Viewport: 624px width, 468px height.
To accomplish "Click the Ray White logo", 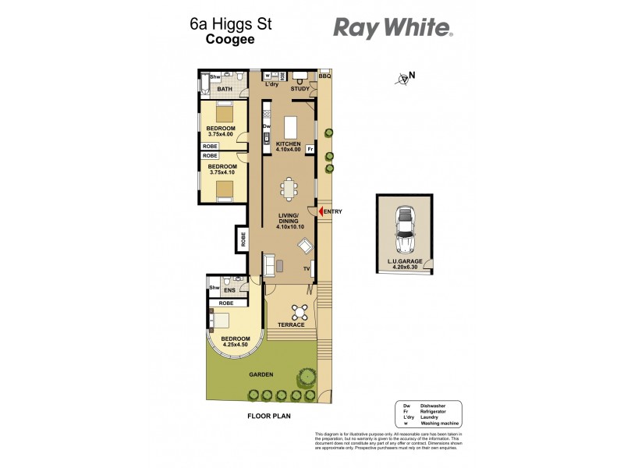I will (393, 28).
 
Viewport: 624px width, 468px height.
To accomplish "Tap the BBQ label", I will (324, 76).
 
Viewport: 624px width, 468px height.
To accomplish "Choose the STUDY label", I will (300, 89).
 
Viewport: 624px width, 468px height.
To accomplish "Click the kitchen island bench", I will (292, 127).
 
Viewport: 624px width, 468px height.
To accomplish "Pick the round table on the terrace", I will (299, 311).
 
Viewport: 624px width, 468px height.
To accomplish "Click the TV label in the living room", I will (307, 269).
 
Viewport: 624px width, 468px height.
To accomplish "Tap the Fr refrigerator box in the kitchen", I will (310, 148).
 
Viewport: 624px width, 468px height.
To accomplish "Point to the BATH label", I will (225, 90).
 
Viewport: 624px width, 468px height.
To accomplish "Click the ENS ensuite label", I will (230, 291).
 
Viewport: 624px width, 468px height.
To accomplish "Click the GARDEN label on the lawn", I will (261, 374).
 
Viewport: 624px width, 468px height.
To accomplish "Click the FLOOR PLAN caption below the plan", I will (268, 417).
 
